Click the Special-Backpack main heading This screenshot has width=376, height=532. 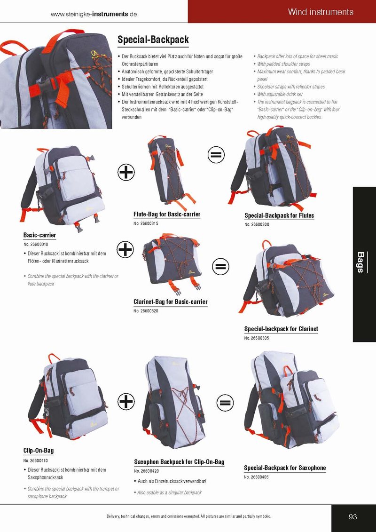coord(153,40)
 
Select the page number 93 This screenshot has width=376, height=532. coord(353,517)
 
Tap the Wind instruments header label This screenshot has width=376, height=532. coord(321,12)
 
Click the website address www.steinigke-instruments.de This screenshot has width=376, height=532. coord(94,14)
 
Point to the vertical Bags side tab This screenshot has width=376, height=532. coord(360,262)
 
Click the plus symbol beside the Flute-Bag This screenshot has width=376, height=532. coord(126,173)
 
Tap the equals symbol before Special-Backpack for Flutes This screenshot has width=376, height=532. coord(216,155)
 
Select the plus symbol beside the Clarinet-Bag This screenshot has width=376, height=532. coord(125,250)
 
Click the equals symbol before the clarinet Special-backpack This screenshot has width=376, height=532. coord(221,266)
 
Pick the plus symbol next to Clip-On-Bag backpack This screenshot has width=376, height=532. coord(126,402)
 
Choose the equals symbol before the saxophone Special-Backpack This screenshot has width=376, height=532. coord(225,403)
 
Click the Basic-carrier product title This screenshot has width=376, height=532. coord(39,235)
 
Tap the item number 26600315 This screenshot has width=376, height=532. coord(146,223)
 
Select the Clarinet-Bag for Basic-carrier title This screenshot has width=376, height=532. coord(171,302)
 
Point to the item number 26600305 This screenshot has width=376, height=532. coord(257,338)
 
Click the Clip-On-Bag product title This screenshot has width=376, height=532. coord(39,451)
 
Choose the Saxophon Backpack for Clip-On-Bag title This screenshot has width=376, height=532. coord(180,462)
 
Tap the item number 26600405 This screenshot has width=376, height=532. coord(256,477)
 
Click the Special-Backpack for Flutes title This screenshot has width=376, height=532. coord(279,215)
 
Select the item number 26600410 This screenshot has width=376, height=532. coord(36,461)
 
